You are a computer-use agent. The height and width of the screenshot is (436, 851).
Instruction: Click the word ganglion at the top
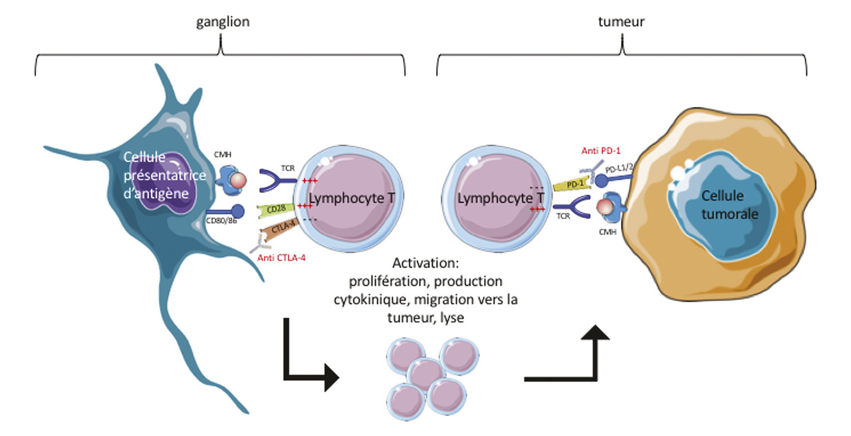(223, 22)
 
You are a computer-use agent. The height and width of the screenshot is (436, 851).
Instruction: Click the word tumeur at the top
(622, 22)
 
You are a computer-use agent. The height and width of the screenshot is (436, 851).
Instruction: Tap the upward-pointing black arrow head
(600, 335)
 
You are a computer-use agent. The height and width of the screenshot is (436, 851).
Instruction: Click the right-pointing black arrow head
(330, 379)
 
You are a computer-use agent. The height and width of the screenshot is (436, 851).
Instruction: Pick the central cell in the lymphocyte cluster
(425, 375)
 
